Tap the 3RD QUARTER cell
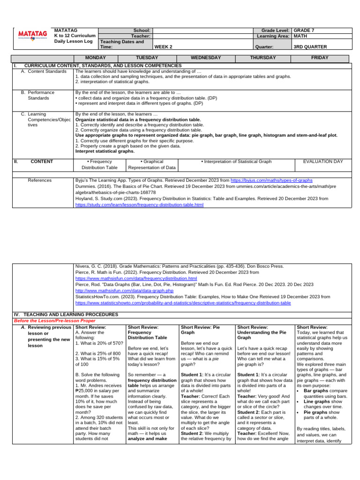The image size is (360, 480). coord(310,47)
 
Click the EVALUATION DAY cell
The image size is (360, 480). coord(323,161)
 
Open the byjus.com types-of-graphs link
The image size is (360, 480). coord(271,180)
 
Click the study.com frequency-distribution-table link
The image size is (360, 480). coord(139,205)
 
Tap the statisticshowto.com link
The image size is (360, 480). coord(183,303)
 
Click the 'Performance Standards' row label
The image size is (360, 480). coord(41,96)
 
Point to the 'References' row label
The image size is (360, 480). coord(40,180)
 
